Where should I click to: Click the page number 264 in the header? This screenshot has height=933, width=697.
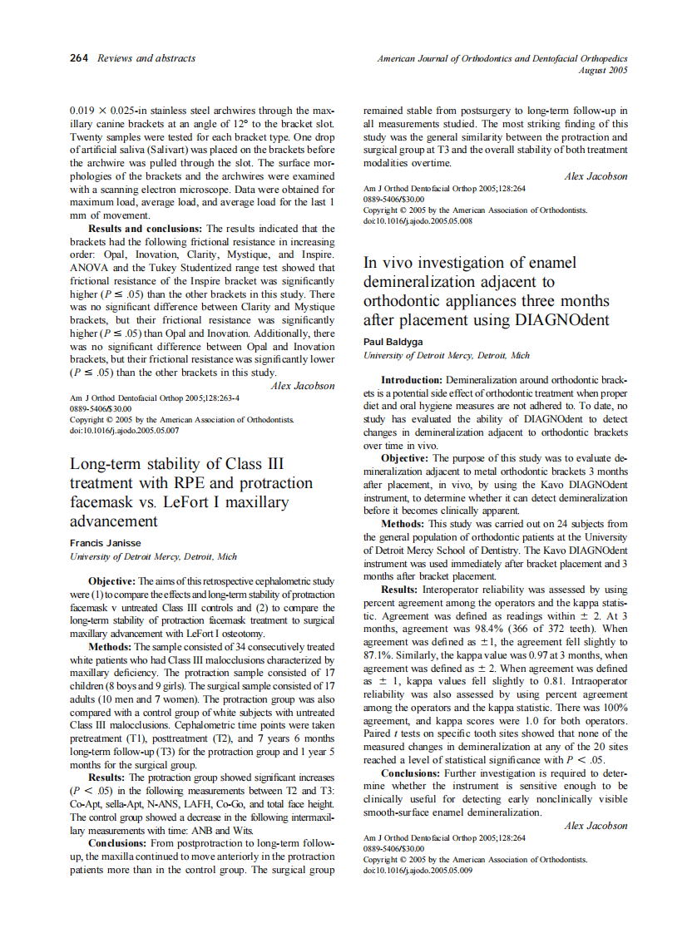(x=80, y=58)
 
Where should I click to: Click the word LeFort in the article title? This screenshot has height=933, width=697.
(x=213, y=502)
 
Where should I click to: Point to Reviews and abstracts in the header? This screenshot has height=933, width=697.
(x=146, y=58)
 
